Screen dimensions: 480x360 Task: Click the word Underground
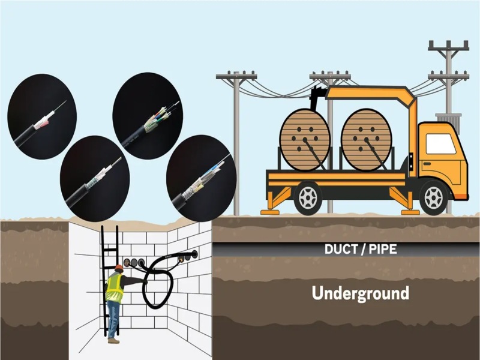point(361,293)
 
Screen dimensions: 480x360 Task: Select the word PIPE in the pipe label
point(383,250)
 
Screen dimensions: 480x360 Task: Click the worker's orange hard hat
point(119,268)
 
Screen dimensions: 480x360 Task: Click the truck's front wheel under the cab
point(433,198)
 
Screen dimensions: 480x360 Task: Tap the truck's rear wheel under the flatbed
point(308,198)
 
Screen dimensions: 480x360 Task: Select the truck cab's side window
point(440,143)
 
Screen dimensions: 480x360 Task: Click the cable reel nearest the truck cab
point(366,140)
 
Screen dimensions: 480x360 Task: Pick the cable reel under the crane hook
point(305,140)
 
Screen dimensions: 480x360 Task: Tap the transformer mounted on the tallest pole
point(448,122)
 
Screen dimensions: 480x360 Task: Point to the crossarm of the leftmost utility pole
point(236,76)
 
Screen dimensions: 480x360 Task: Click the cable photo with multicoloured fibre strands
point(148,116)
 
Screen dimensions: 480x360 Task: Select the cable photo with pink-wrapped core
point(42,116)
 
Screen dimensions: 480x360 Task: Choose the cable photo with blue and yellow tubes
point(201,178)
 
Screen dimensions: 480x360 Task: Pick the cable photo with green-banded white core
point(95,178)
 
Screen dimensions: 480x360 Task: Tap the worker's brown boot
point(113,340)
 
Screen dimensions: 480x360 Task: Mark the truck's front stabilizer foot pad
point(410,212)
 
